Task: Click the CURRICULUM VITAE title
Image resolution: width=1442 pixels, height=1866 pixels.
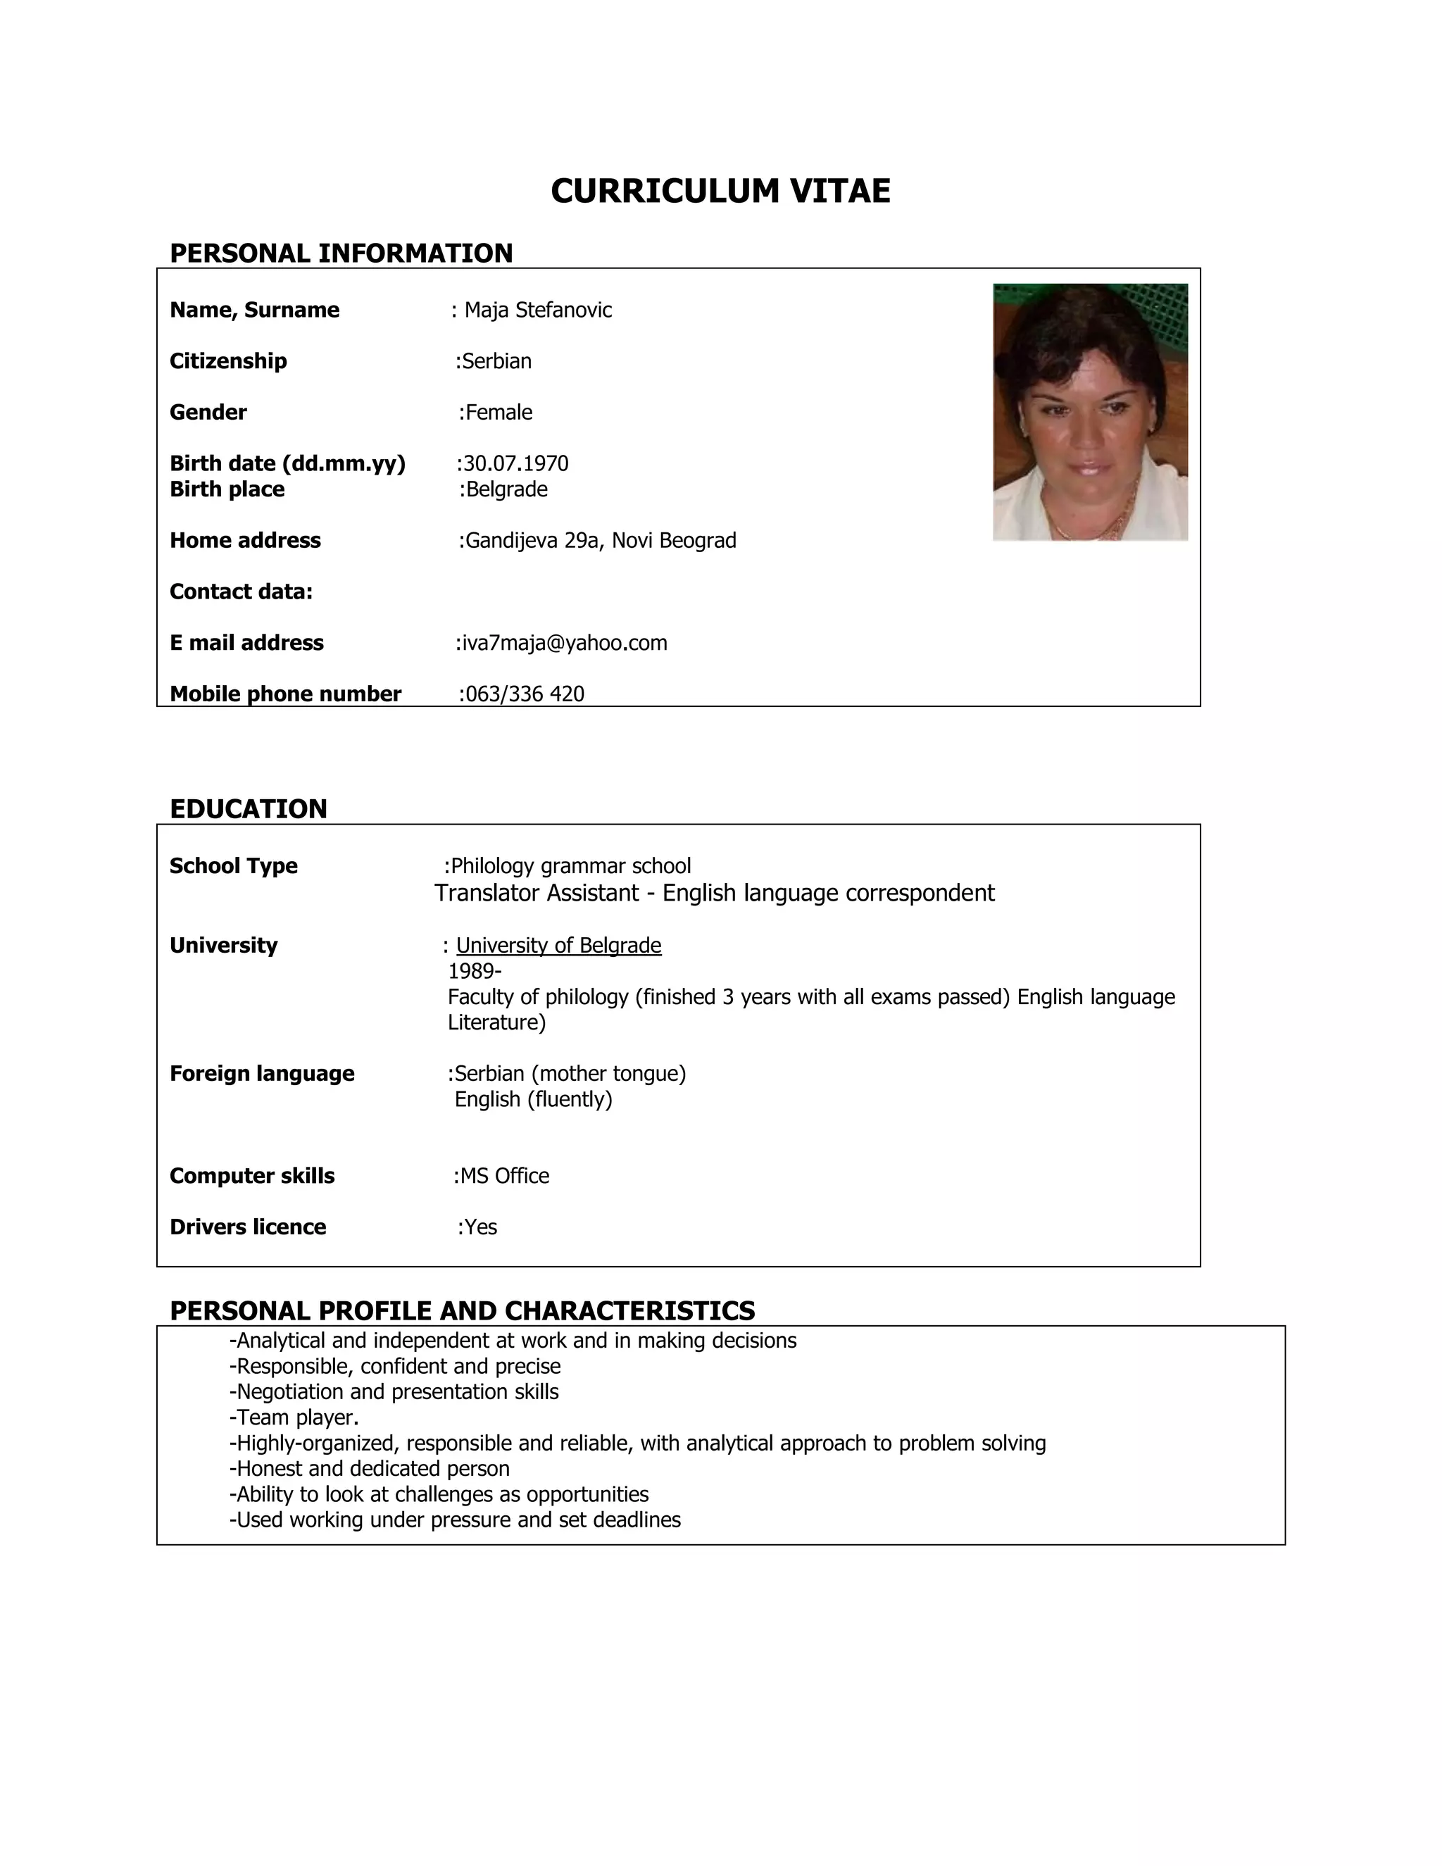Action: tap(720, 191)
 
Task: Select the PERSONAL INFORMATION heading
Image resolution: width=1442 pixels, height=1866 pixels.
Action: tap(341, 253)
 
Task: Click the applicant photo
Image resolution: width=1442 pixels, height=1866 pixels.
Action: tap(1089, 412)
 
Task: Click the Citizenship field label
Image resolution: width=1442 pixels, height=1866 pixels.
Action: tap(228, 361)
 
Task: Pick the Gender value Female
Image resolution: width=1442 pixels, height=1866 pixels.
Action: tap(498, 412)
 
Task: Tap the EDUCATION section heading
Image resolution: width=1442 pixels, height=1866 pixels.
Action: tap(248, 808)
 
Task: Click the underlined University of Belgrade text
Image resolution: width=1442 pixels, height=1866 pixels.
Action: tap(558, 945)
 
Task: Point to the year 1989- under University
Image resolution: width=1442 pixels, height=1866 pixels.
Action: tap(474, 970)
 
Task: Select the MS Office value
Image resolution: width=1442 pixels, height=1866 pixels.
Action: tap(504, 1176)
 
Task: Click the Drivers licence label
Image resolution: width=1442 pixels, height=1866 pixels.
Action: tap(248, 1227)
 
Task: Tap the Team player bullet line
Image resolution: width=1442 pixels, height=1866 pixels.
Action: tap(295, 1417)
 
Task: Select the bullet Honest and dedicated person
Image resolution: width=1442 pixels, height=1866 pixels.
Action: tap(370, 1469)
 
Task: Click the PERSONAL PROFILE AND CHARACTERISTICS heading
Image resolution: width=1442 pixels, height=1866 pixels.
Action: tap(462, 1310)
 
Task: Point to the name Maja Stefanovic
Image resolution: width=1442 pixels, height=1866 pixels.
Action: tap(537, 309)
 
